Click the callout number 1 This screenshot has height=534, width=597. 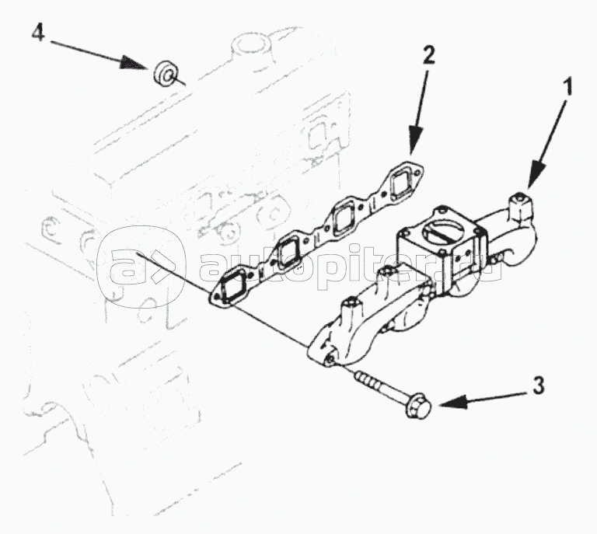click(567, 87)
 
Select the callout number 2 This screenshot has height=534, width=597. click(428, 56)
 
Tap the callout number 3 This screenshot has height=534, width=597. click(539, 386)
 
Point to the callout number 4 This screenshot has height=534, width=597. click(37, 32)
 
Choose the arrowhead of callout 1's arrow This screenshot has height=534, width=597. click(536, 173)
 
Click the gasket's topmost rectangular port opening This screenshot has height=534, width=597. click(401, 183)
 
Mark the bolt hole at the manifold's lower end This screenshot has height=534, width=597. click(330, 360)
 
